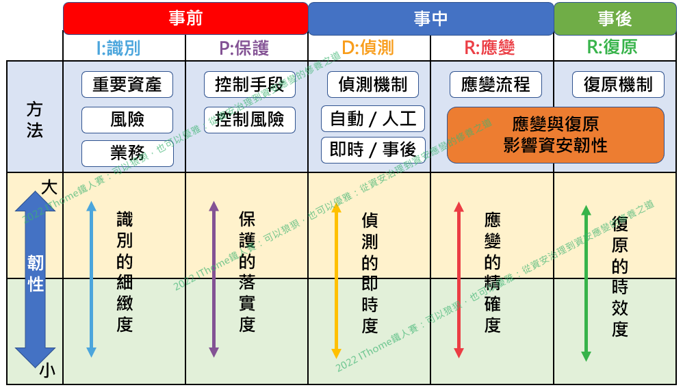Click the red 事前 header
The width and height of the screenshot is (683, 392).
coord(185,18)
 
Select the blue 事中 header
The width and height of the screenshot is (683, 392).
coord(430,18)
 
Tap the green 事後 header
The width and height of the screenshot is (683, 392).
coord(615,18)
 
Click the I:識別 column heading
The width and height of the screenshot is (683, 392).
coord(124,48)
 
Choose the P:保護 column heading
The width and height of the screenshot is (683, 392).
coord(246,48)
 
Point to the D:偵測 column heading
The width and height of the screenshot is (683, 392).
coord(369,48)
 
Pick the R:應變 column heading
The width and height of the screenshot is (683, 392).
coord(491,48)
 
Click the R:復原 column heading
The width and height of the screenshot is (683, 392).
coord(614,48)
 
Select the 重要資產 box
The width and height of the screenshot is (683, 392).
coord(127,85)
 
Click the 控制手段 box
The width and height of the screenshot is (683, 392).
coord(249,85)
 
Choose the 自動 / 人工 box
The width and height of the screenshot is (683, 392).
coord(373,118)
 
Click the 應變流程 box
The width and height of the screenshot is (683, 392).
coord(495,85)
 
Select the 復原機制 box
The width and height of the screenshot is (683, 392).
coord(618,85)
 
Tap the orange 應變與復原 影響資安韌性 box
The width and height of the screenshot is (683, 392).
coord(555,135)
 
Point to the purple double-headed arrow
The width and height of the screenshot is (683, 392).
coord(214,279)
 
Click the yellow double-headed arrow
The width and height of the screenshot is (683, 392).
coord(336,280)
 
